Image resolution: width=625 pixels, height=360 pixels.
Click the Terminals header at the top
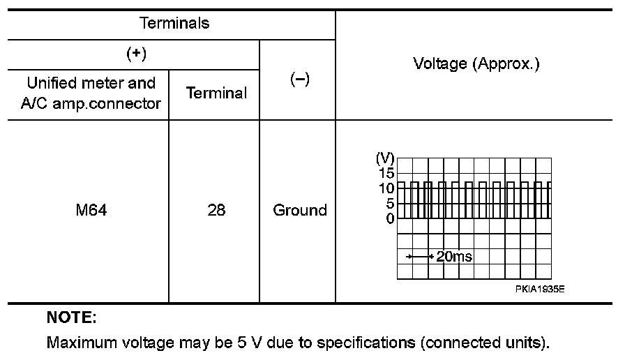[174, 23]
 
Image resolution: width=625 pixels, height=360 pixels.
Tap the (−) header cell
[299, 80]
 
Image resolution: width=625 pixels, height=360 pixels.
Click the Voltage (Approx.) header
[477, 64]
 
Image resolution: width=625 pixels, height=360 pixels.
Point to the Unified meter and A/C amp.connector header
[91, 93]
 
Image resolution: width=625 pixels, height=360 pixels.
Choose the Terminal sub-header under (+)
[216, 93]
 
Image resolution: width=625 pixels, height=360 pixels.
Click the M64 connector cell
[91, 210]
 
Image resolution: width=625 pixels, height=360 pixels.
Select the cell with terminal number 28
[216, 210]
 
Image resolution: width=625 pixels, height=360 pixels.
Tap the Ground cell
[300, 210]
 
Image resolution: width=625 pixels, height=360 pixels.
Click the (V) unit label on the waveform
[385, 158]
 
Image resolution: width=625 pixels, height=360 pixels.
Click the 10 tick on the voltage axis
[386, 188]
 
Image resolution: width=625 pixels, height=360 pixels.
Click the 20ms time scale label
[454, 257]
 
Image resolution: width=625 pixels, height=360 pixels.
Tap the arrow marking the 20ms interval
[420, 257]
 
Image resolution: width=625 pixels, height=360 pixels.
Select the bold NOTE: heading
[71, 319]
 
